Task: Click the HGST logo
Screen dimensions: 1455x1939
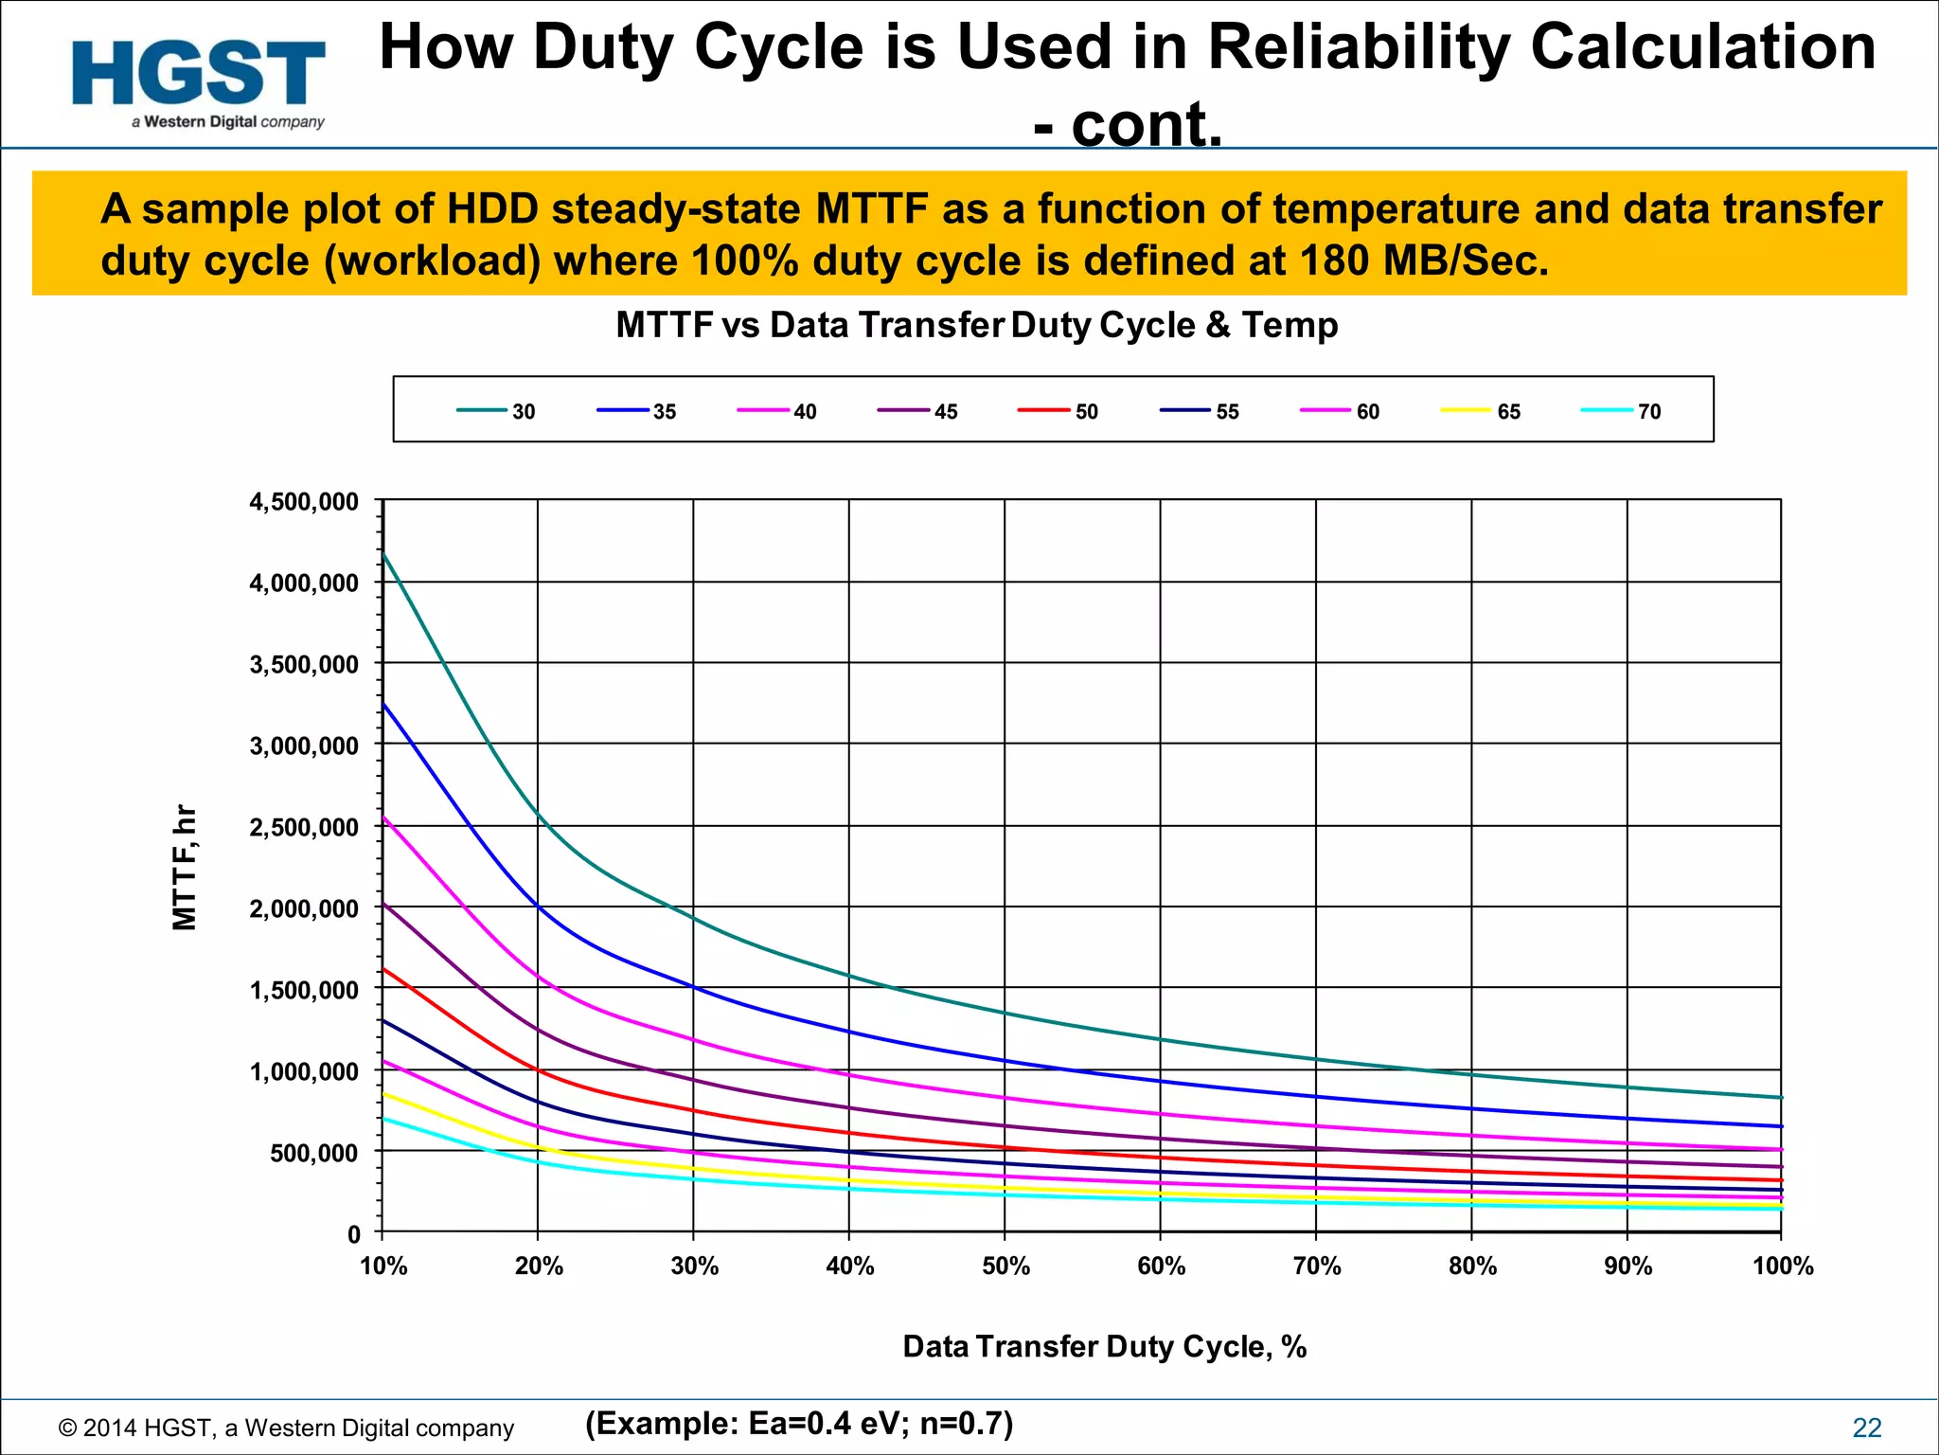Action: [199, 82]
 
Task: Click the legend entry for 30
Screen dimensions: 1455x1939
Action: [497, 411]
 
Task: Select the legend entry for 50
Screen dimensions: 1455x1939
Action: [1058, 411]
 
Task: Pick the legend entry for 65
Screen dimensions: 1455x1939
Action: [1481, 411]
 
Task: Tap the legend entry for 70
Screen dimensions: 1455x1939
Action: [1622, 411]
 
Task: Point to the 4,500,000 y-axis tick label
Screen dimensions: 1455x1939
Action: [304, 502]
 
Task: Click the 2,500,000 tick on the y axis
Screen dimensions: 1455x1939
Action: [304, 828]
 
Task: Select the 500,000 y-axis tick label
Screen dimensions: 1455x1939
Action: [314, 1154]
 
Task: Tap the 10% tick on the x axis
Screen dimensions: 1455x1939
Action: [383, 1266]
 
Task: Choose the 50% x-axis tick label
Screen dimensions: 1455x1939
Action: [1005, 1266]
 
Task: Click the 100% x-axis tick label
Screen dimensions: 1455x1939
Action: [1783, 1266]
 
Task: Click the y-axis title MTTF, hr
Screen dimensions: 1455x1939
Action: [185, 868]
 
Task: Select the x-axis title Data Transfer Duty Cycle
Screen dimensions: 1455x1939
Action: [1104, 1346]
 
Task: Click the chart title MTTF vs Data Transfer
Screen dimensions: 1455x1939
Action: [976, 325]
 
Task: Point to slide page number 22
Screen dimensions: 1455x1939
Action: [1867, 1428]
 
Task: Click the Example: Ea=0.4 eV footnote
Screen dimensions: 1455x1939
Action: [799, 1423]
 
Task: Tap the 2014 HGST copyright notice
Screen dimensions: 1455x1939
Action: [286, 1428]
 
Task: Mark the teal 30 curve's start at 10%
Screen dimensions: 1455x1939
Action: [383, 554]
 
